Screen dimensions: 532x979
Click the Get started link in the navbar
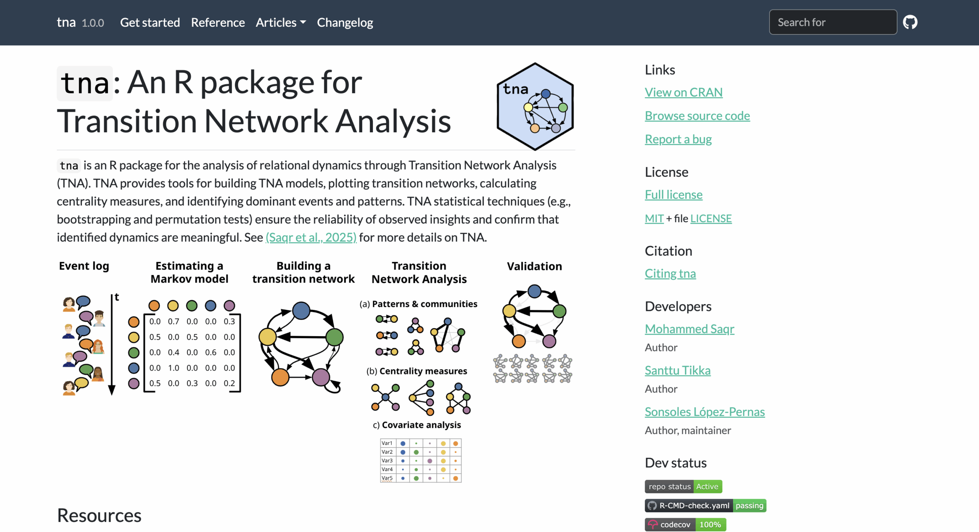point(150,23)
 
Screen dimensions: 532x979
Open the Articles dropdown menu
point(281,23)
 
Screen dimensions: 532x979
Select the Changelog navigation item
point(345,23)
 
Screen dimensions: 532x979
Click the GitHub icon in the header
point(910,22)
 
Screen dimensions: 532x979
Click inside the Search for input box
point(833,22)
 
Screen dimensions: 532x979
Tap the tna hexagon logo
point(535,106)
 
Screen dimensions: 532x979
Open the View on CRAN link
point(683,92)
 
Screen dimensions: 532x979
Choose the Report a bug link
point(678,139)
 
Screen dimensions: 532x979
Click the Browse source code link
point(697,116)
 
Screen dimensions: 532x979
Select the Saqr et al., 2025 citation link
point(311,238)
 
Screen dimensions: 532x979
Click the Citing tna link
point(670,273)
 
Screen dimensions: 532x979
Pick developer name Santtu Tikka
point(677,370)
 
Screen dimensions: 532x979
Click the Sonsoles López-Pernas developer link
point(704,412)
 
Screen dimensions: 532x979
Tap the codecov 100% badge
point(685,524)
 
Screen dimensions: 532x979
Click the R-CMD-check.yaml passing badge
point(705,506)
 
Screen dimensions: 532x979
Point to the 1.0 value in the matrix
point(174,368)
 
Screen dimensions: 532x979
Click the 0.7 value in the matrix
point(174,322)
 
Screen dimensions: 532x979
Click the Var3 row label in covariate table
point(387,461)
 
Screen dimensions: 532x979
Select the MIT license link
point(654,218)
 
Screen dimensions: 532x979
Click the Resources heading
point(99,516)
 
